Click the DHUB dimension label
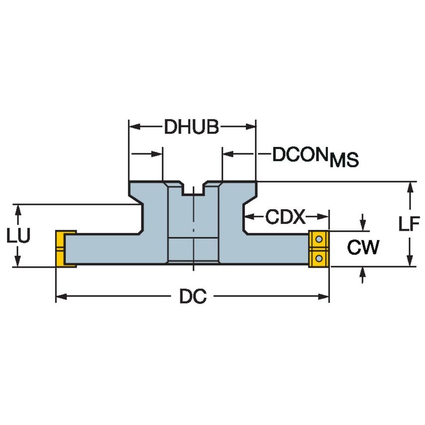[192, 127]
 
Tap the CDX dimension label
[285, 217]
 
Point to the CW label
[363, 247]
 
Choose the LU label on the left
[18, 235]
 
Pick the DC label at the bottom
[193, 297]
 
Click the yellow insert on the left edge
[65, 248]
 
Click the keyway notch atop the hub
[194, 188]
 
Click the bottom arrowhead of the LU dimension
[18, 262]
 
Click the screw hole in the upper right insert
[319, 240]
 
